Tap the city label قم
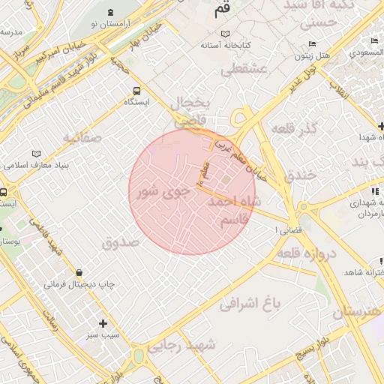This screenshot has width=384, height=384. (x=222, y=10)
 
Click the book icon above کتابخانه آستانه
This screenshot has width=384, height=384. (x=226, y=33)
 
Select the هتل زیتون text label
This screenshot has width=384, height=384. (x=313, y=56)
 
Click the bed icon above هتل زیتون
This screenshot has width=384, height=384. (x=313, y=43)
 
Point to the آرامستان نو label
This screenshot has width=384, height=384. (x=111, y=24)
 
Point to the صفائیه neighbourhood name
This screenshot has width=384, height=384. (x=81, y=138)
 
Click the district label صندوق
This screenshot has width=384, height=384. (x=121, y=242)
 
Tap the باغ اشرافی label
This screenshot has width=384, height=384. (x=250, y=304)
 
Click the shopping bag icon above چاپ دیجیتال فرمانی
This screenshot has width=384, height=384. (x=79, y=271)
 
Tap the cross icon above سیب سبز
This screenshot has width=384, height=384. (x=103, y=322)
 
